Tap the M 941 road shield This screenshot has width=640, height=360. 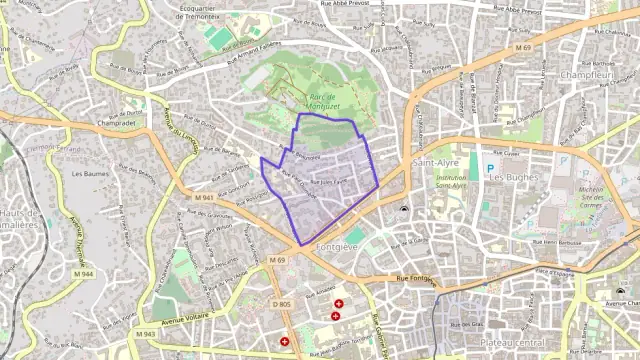[x=206, y=198]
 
